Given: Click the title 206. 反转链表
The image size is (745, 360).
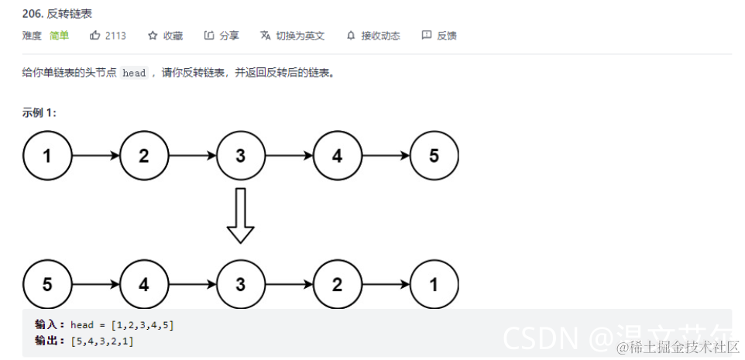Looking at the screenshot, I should pos(58,14).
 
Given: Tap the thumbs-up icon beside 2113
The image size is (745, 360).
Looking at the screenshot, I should pos(95,36).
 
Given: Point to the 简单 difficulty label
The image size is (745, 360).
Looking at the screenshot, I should pos(60,36).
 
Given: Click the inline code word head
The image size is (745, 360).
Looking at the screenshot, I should pos(134,74).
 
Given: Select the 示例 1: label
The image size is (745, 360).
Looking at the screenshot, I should pos(39,113).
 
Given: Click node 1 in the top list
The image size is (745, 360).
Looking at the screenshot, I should pos(47,156).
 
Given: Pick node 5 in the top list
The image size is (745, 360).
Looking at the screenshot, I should pos(434,156).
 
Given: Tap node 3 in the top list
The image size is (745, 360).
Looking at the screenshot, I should pos(240,156).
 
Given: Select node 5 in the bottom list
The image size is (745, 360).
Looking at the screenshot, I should pos(47,284).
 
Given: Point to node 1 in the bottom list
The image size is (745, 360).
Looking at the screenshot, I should pos(434,284).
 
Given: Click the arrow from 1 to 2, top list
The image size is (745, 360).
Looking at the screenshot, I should pos(95,156).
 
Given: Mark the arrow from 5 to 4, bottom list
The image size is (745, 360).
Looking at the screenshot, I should pos(95,284).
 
